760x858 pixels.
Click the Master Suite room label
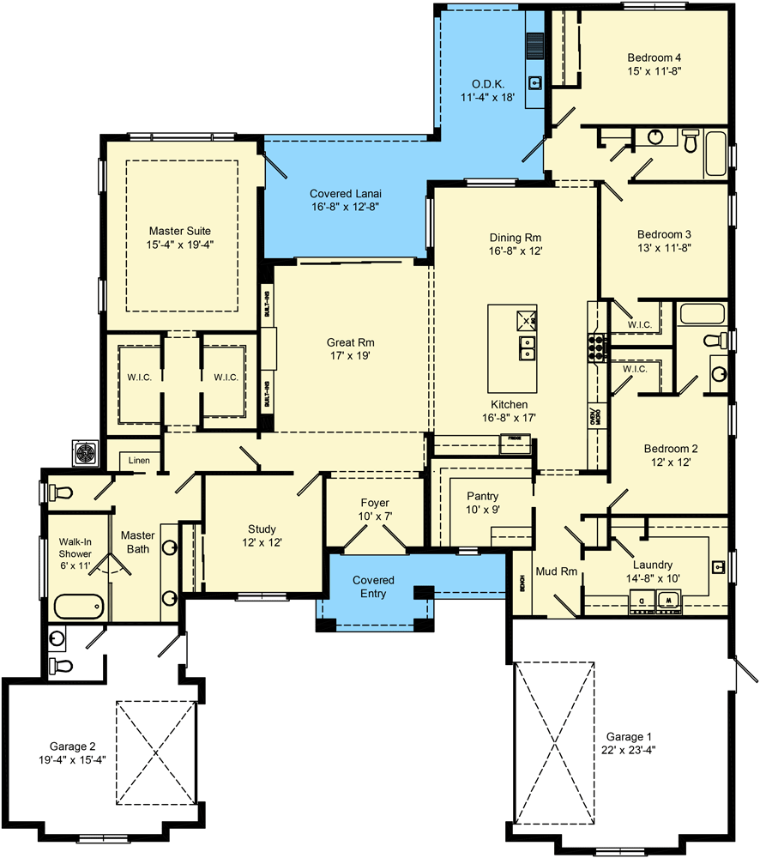pyautogui.click(x=179, y=231)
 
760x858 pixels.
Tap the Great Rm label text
pyautogui.click(x=347, y=341)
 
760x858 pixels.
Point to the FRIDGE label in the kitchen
pyautogui.click(x=514, y=438)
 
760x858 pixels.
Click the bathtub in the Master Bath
pyautogui.click(x=79, y=607)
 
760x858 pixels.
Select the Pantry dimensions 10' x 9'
pyautogui.click(x=482, y=511)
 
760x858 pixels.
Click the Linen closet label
pyautogui.click(x=139, y=461)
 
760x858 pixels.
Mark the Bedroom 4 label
pyautogui.click(x=654, y=58)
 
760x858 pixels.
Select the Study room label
pyautogui.click(x=262, y=529)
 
